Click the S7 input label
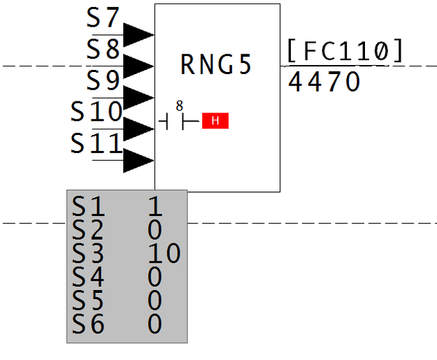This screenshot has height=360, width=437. point(103,17)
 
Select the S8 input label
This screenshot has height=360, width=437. point(103,49)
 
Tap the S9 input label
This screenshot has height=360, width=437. point(103,80)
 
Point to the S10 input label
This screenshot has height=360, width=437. point(96,111)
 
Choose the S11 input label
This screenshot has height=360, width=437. point(96,143)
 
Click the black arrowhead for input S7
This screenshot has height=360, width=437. point(138,34)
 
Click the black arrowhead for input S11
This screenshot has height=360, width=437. point(138,160)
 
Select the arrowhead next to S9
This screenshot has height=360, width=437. point(138,97)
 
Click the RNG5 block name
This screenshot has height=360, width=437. point(215,64)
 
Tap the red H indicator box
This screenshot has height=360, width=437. point(215,122)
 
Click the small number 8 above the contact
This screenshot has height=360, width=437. point(180,106)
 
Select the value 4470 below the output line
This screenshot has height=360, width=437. point(324,82)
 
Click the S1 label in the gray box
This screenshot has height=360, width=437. point(88,206)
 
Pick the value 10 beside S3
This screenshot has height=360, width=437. point(164,253)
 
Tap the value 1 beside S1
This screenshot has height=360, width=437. point(155,206)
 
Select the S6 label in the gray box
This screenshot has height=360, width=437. point(88,324)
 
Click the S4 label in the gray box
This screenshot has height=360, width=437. point(88,277)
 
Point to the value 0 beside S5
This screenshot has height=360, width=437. point(155,300)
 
